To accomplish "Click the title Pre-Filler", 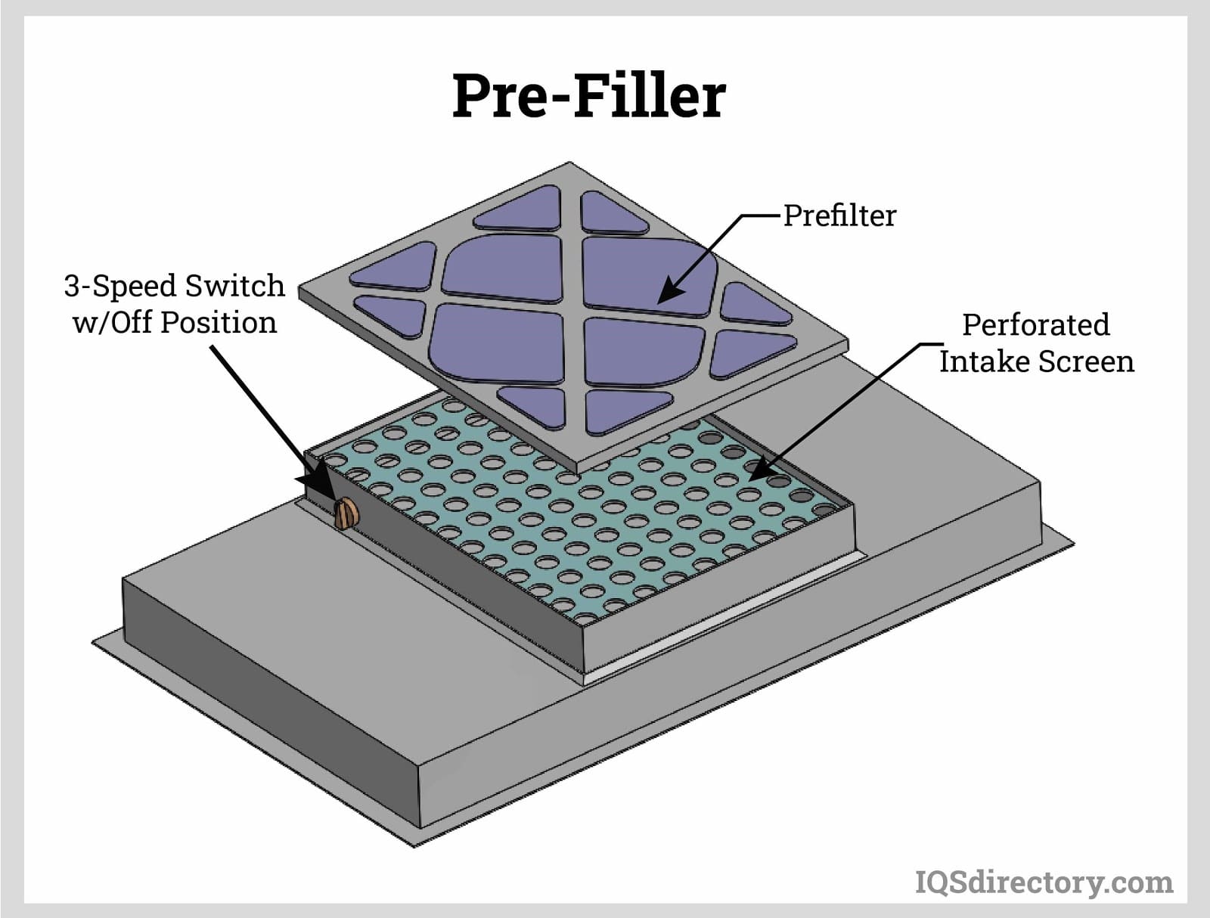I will (588, 96).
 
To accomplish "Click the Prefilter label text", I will (839, 216).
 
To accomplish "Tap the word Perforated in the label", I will (1035, 324).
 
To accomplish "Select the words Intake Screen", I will (1036, 361).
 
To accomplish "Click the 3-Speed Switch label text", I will (174, 286).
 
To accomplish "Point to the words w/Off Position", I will (174, 322).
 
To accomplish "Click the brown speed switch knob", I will (347, 514).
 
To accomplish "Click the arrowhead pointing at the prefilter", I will (666, 294).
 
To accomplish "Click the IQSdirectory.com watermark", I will (1044, 882).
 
